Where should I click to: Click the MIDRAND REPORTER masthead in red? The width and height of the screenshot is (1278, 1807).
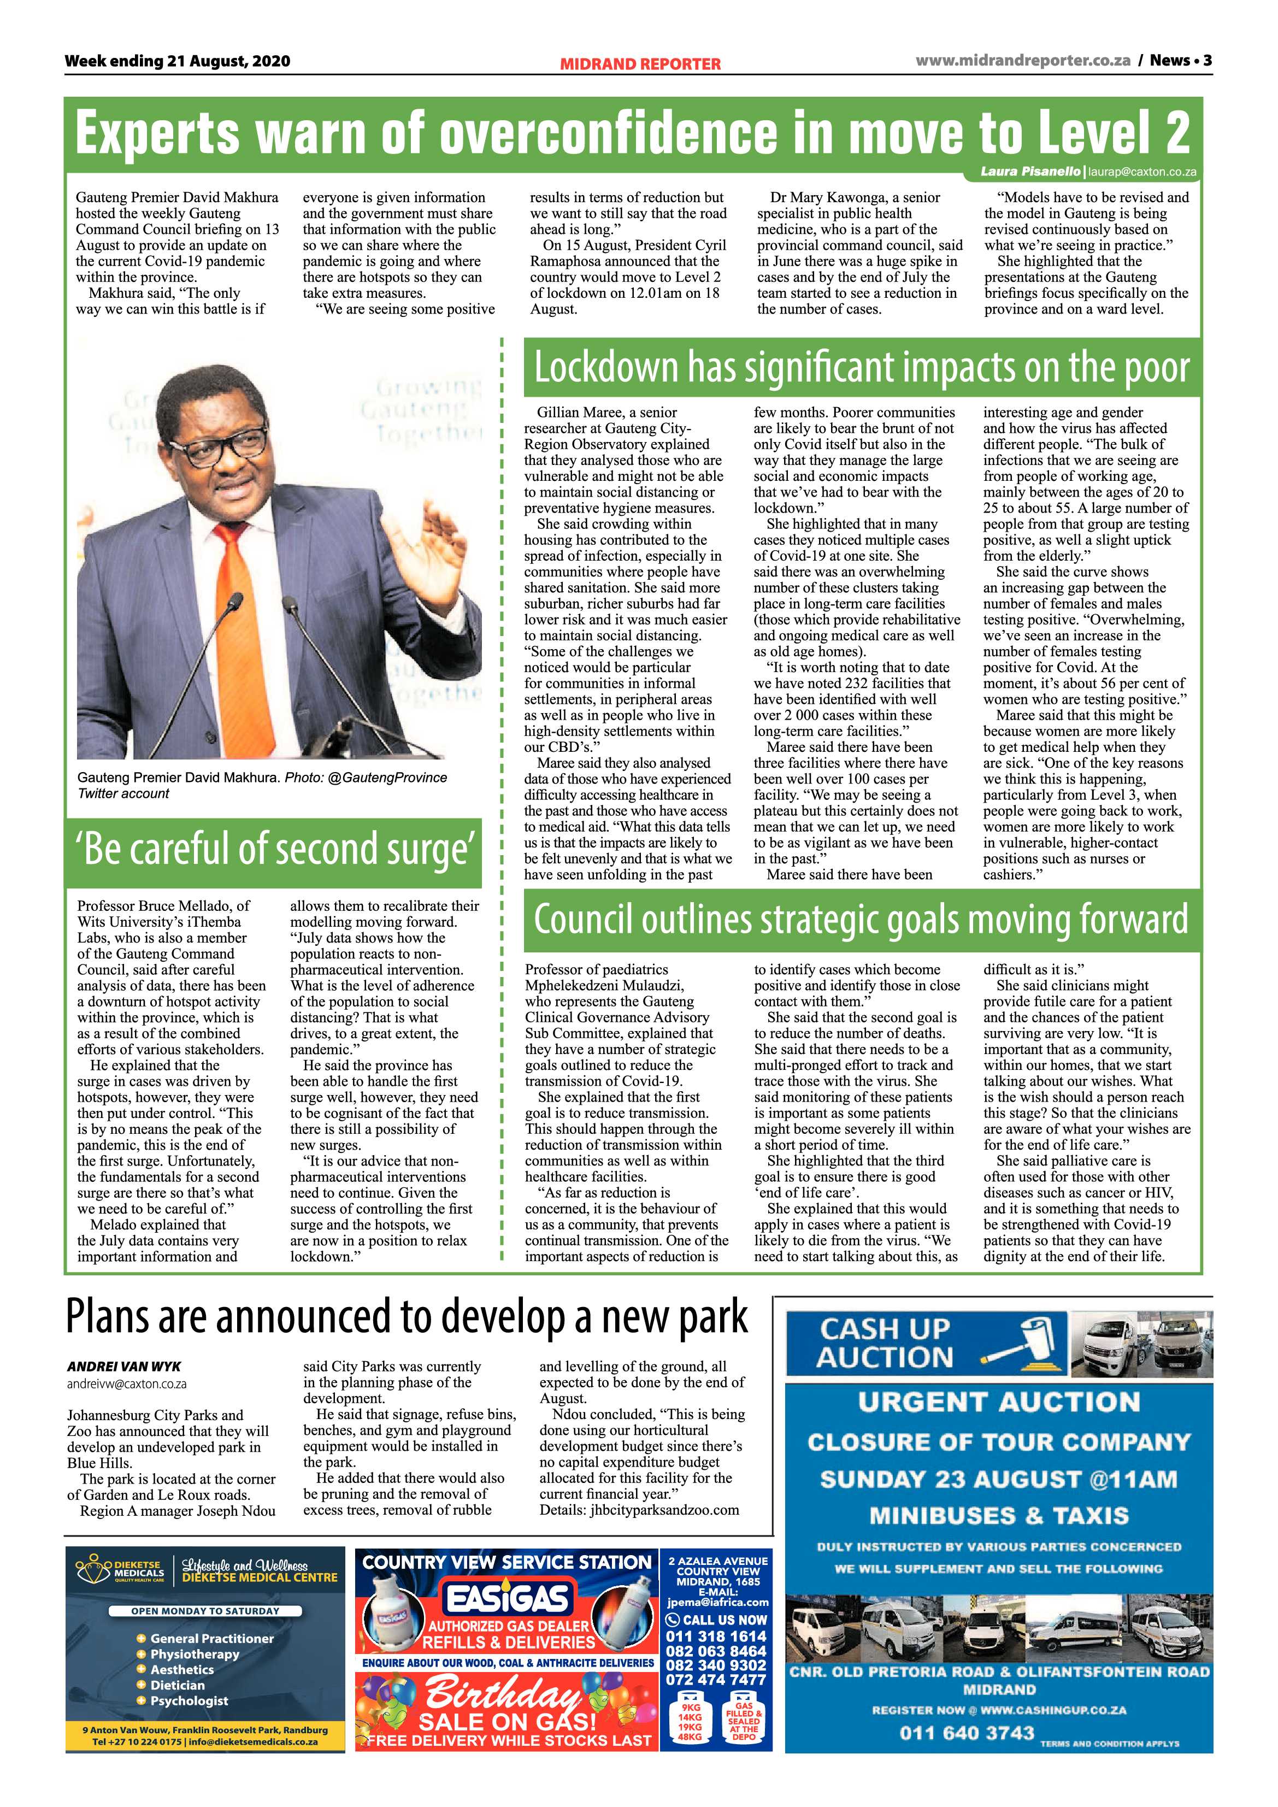tap(640, 64)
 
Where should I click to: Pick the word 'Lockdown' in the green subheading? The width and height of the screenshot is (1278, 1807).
tap(606, 368)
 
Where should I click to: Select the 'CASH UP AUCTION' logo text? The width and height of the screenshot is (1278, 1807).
tap(885, 1344)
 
